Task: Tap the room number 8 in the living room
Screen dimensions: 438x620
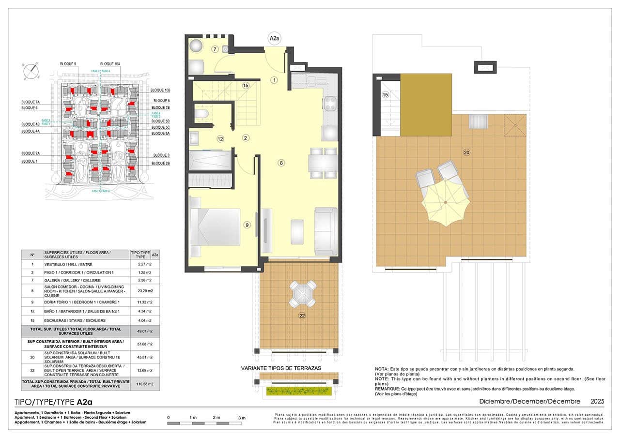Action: point(281,163)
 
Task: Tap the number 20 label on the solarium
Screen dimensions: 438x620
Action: point(466,152)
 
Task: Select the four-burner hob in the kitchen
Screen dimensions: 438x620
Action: point(330,103)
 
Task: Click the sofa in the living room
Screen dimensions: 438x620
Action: point(325,231)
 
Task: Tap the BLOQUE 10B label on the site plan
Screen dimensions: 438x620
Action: point(160,91)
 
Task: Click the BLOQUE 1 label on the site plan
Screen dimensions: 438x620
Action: point(30,161)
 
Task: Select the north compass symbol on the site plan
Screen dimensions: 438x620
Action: point(31,71)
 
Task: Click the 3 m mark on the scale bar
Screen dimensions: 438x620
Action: point(242,418)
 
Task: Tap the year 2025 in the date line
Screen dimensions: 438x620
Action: point(597,401)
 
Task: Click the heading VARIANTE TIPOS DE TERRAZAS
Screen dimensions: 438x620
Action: point(281,368)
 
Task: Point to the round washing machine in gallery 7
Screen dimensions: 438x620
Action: point(196,46)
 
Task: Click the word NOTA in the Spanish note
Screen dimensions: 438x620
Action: point(382,369)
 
